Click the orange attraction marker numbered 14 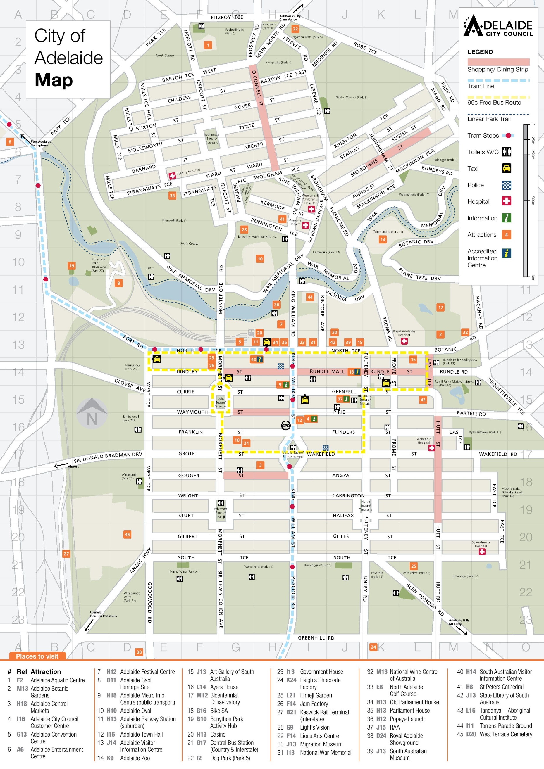click(x=383, y=239)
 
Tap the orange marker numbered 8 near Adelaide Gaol click(x=118, y=283)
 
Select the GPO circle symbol click(x=285, y=425)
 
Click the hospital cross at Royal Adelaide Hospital click(x=404, y=341)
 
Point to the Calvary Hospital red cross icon click(x=172, y=175)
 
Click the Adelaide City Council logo click(x=498, y=25)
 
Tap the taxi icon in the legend click(x=506, y=168)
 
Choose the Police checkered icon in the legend click(x=506, y=185)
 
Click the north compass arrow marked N click(x=92, y=414)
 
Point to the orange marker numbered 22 click(x=295, y=29)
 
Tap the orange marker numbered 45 click(x=127, y=534)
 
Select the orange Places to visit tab click(x=37, y=656)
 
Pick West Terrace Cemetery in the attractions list click(x=505, y=734)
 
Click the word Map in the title click(x=54, y=80)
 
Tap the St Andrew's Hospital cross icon click(x=482, y=552)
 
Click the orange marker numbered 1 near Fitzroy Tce click(x=208, y=45)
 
